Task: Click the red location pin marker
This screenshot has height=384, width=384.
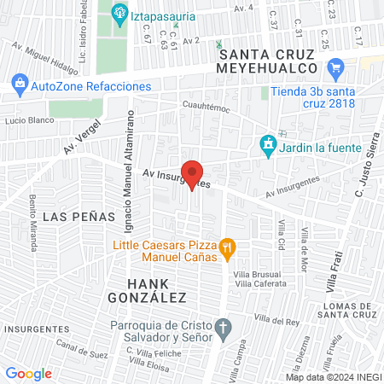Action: tap(193, 173)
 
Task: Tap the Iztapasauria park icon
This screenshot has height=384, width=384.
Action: tap(119, 13)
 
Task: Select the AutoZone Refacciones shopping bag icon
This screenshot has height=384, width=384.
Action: tap(19, 85)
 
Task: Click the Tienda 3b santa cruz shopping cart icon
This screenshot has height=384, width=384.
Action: tap(335, 67)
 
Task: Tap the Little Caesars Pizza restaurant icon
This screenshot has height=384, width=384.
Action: tap(227, 250)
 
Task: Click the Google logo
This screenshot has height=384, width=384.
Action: tap(28, 373)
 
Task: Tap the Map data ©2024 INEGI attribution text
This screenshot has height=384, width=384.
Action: tap(333, 376)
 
